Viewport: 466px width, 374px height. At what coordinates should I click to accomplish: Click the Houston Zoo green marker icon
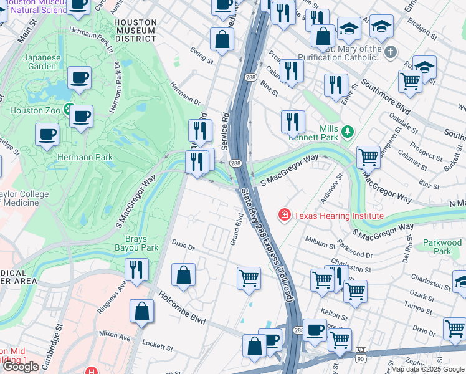[69, 110]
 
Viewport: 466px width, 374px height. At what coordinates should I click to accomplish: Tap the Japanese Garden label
[43, 62]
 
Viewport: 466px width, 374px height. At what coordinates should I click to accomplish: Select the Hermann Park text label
[85, 157]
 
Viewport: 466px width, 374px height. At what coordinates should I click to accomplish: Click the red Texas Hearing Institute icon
[285, 215]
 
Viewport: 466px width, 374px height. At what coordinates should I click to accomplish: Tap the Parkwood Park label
[442, 247]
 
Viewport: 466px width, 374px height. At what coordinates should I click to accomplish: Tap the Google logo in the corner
[21, 366]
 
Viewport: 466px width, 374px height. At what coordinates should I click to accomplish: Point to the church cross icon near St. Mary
[390, 52]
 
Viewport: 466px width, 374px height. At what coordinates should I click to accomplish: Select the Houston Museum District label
[135, 30]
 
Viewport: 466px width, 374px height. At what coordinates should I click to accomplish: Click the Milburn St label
[321, 240]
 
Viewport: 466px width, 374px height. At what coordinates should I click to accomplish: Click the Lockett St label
[157, 347]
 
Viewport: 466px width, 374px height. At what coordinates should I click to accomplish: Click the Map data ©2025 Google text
[428, 369]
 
